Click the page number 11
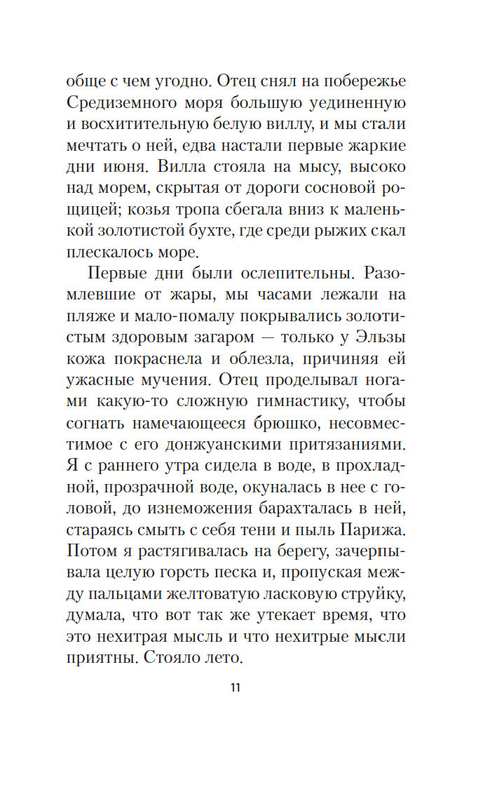235,687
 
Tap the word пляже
93,312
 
